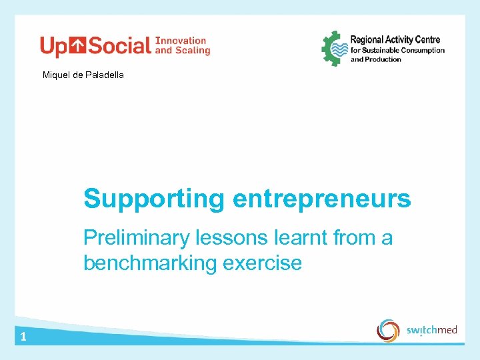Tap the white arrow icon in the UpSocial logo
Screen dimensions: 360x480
tap(79, 45)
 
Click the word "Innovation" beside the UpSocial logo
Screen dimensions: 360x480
tap(181, 41)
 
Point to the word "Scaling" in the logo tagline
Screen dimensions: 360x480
tap(195, 50)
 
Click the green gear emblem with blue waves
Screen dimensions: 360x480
tap(335, 48)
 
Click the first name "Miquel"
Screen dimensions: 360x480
tap(56, 75)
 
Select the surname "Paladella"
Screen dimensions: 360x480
tap(105, 75)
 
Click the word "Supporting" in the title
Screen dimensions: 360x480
tap(155, 199)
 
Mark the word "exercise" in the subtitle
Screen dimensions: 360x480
tap(262, 263)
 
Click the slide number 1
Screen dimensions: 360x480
tap(23, 337)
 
